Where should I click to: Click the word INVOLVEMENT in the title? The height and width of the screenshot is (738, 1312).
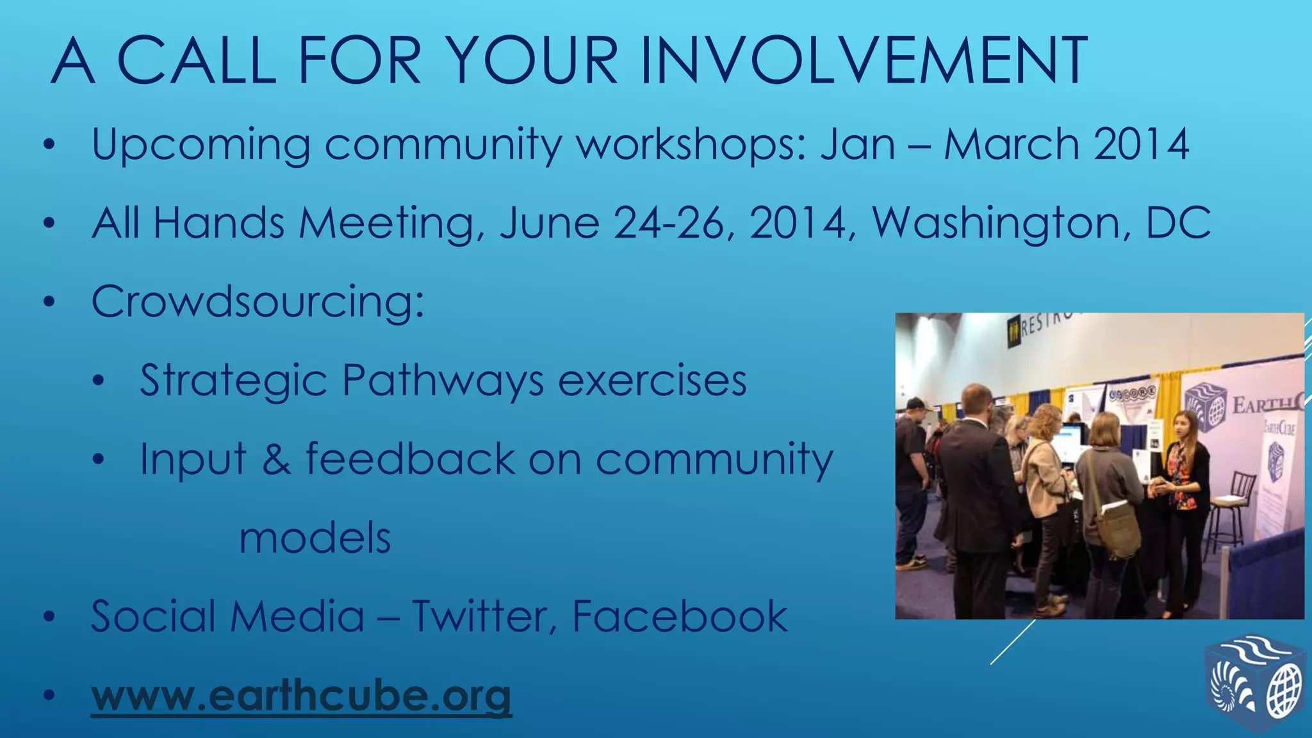863,61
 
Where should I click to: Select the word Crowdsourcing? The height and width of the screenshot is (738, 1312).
258,301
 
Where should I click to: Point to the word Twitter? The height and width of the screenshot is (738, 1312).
484,616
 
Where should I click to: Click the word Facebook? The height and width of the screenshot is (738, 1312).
679,616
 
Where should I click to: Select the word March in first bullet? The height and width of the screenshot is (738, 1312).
1012,144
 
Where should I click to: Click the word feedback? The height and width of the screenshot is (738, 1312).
410,459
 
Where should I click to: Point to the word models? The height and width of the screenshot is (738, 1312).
315,538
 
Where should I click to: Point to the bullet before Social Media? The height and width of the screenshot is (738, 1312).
50,618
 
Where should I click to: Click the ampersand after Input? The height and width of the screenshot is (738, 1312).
275,459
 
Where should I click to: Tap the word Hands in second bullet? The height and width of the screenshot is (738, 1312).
218,223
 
